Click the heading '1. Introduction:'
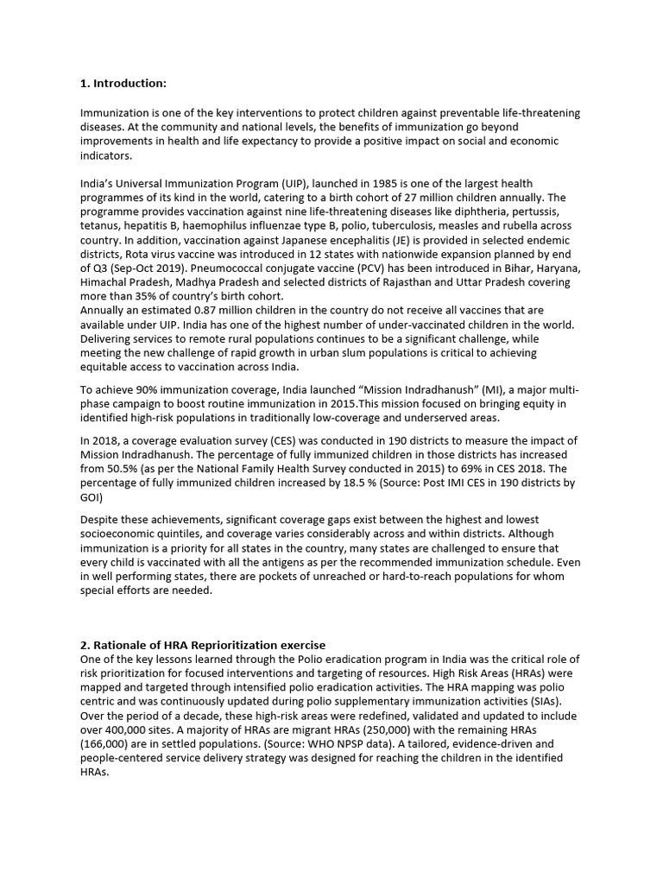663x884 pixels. pyautogui.click(x=123, y=83)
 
